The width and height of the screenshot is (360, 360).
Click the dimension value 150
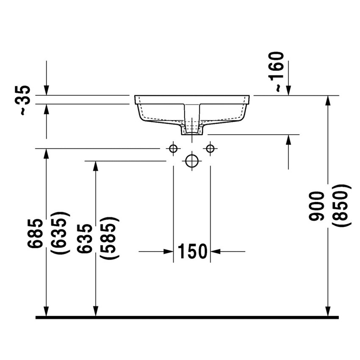192,252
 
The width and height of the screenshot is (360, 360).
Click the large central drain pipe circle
192,161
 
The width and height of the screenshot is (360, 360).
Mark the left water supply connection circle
173,148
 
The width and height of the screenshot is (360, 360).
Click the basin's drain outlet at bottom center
192,131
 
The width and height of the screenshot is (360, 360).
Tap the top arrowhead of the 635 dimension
96,166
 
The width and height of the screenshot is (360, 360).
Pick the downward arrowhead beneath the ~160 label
288,90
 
